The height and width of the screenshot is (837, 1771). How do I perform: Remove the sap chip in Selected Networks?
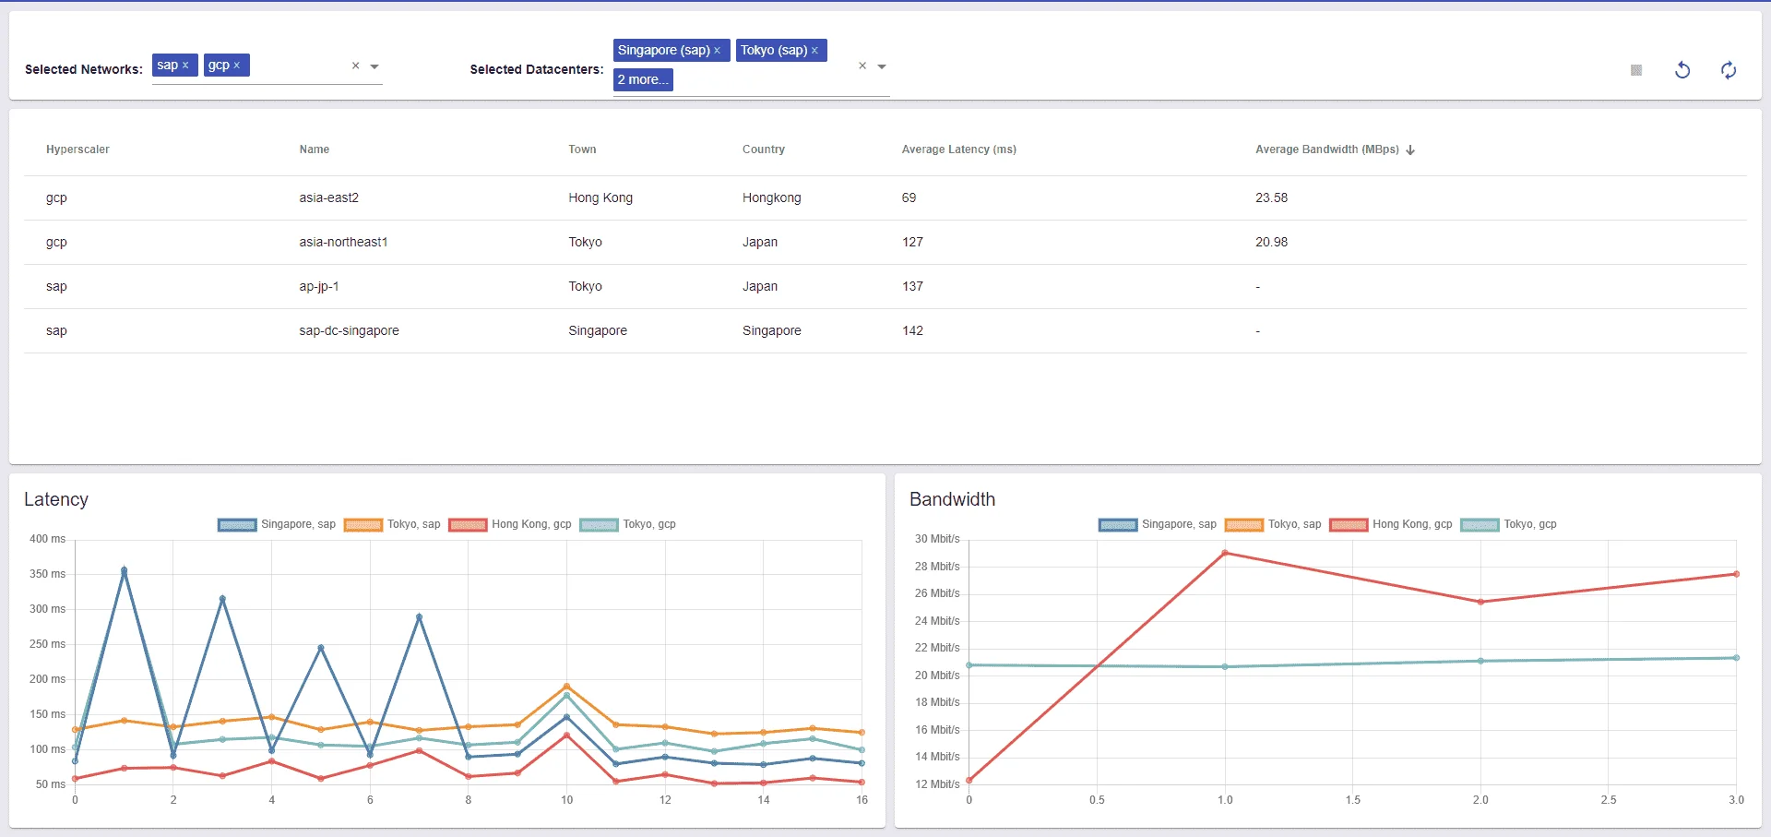[185, 66]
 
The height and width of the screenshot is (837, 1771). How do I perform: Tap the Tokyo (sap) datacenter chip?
[780, 50]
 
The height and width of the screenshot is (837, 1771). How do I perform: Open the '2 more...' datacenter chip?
[643, 79]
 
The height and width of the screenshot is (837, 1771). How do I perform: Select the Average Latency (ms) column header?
[958, 149]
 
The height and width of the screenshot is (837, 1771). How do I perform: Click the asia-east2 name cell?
[328, 197]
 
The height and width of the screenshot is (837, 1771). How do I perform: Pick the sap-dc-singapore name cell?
[349, 330]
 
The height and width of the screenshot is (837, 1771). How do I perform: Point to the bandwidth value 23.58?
[1271, 197]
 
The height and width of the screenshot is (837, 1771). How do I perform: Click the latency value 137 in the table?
[912, 286]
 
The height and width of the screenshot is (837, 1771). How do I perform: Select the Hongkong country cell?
[771, 197]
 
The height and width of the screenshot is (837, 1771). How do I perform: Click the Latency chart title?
[56, 499]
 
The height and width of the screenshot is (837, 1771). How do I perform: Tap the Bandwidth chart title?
[952, 499]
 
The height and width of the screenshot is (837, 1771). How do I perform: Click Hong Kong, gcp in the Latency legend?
[531, 524]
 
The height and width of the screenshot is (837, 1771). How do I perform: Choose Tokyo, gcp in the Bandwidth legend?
[1530, 524]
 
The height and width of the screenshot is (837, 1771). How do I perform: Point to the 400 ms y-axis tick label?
[47, 539]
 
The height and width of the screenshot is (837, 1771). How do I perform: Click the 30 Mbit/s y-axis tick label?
[937, 539]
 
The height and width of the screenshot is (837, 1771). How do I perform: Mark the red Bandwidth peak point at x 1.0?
[1225, 553]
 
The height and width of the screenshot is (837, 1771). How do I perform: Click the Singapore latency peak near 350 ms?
[125, 570]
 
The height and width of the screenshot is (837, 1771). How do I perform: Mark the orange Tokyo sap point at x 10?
[566, 687]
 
